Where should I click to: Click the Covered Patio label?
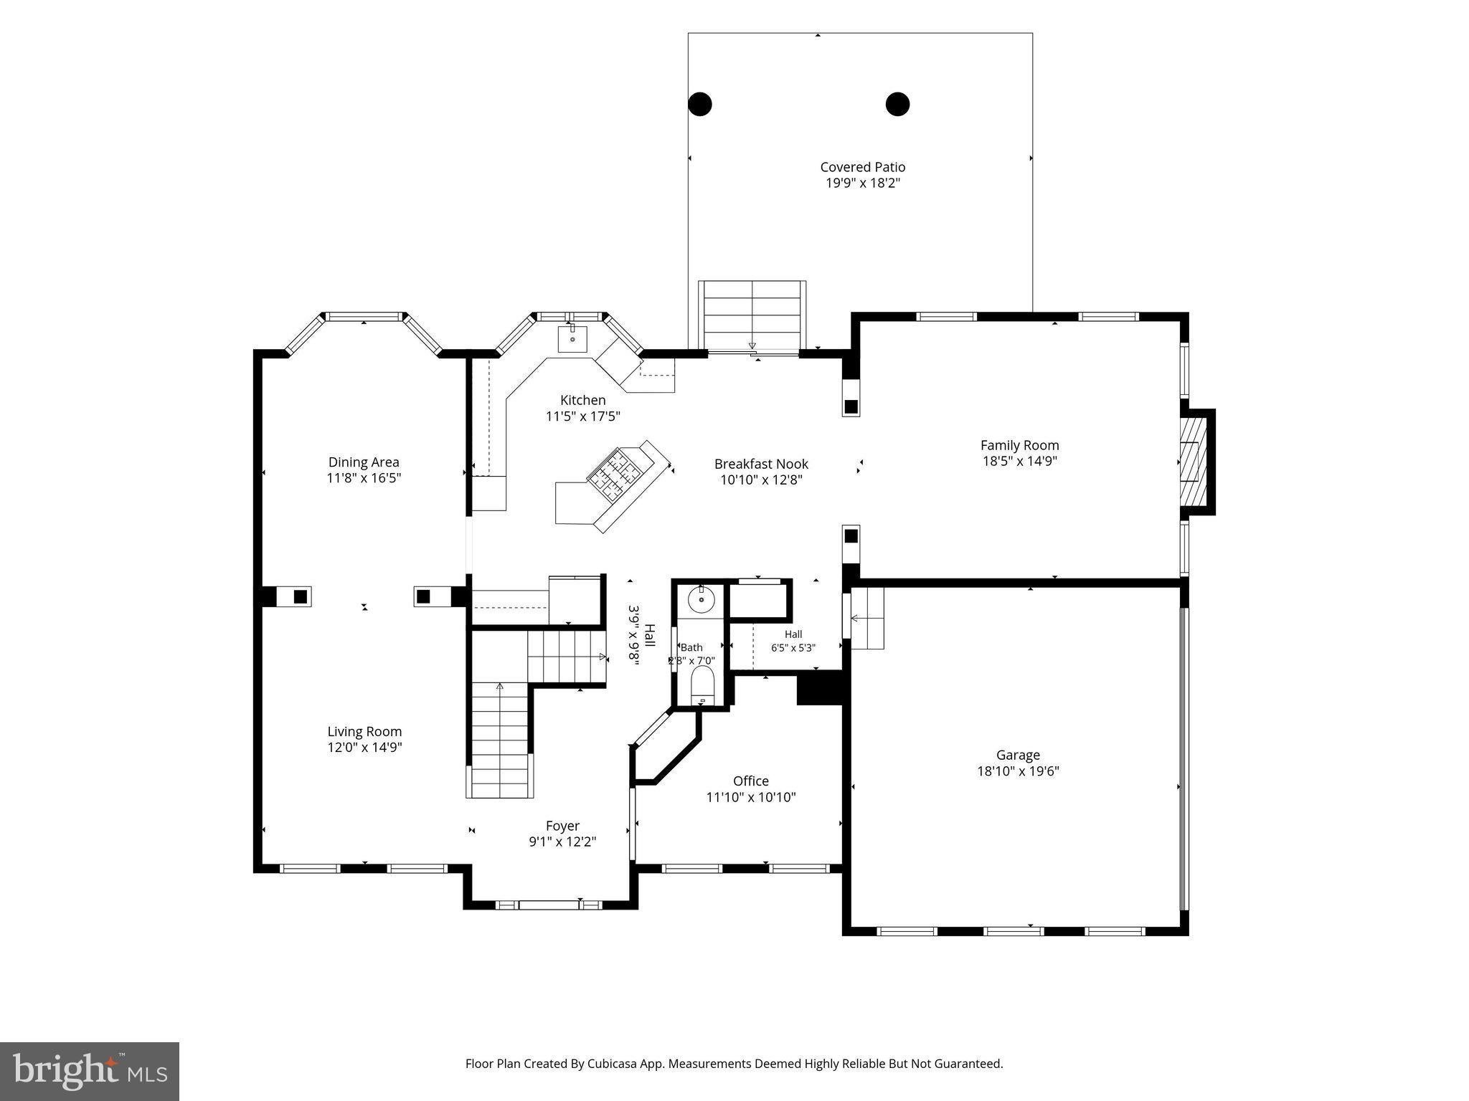pyautogui.click(x=863, y=167)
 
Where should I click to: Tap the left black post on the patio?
pyautogui.click(x=700, y=104)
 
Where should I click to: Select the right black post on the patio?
pyautogui.click(x=897, y=104)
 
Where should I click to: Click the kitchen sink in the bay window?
pyautogui.click(x=572, y=338)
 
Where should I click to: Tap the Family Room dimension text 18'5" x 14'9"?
pyautogui.click(x=1019, y=461)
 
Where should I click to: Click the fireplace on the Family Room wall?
pyautogui.click(x=1196, y=462)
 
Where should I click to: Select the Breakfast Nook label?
pyautogui.click(x=761, y=464)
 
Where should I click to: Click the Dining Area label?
pyautogui.click(x=364, y=462)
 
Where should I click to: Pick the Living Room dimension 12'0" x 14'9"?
pyautogui.click(x=364, y=748)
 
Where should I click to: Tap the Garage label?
pyautogui.click(x=1018, y=755)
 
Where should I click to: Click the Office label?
pyautogui.click(x=751, y=781)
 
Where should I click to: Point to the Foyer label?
pyautogui.click(x=562, y=826)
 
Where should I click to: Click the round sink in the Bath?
pyautogui.click(x=701, y=599)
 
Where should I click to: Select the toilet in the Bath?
pyautogui.click(x=702, y=685)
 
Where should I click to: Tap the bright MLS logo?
pyautogui.click(x=90, y=1071)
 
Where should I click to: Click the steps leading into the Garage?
pyautogui.click(x=867, y=618)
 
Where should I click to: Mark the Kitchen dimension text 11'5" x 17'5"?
pyautogui.click(x=582, y=416)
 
